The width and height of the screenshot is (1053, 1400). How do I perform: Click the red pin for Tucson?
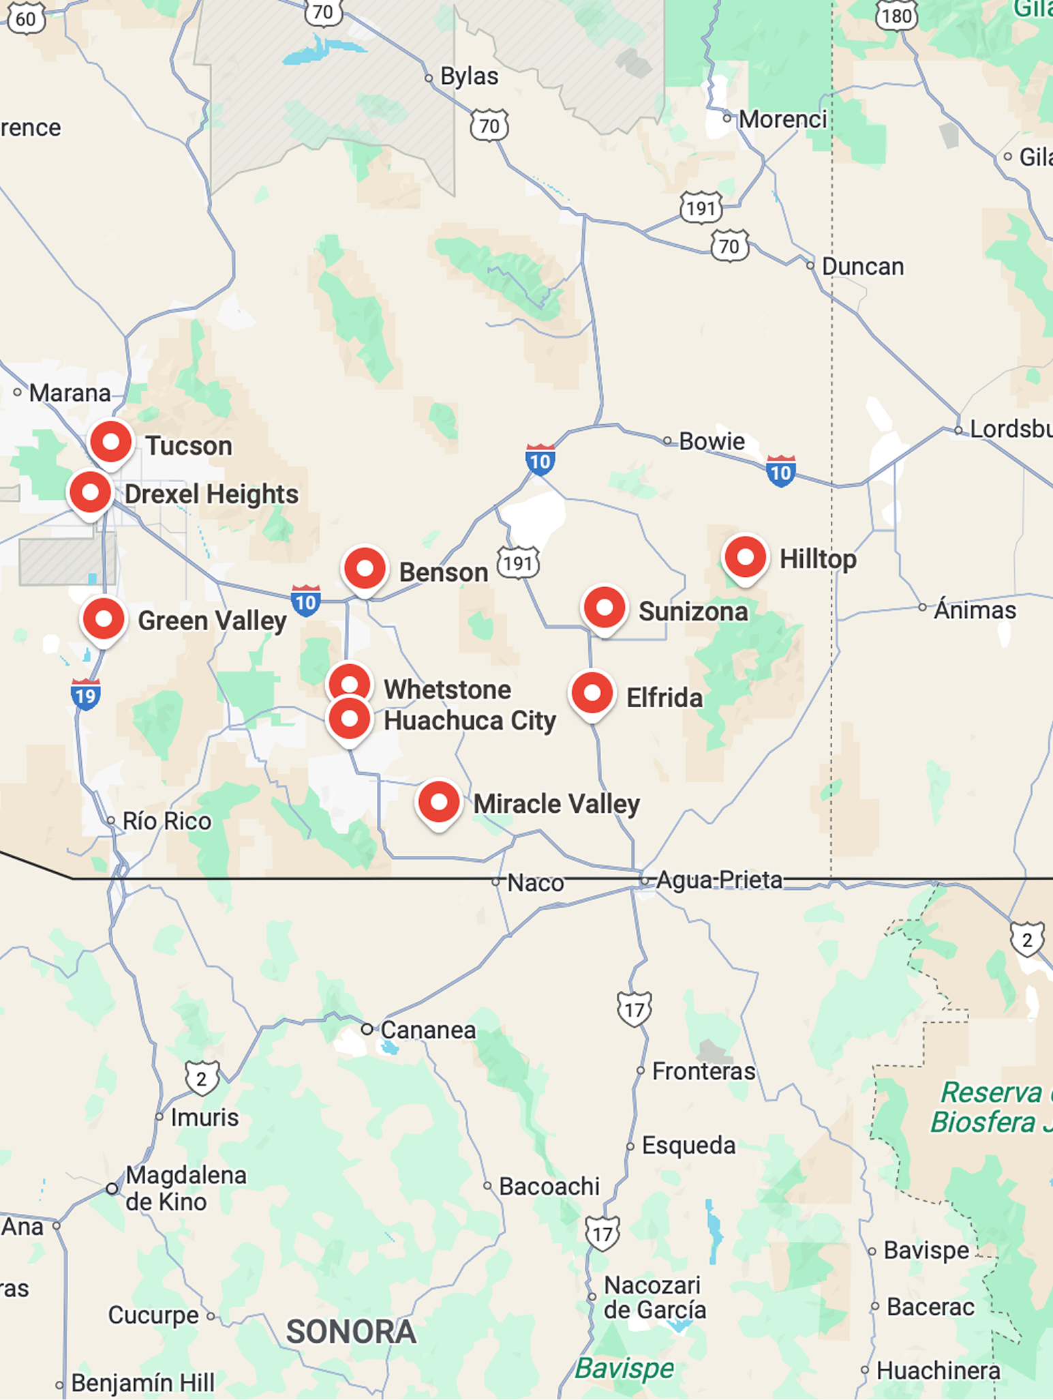(111, 443)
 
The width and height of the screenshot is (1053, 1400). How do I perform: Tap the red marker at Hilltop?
(745, 558)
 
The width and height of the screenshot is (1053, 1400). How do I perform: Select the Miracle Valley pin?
(439, 803)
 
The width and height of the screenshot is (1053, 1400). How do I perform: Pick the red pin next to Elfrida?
(592, 694)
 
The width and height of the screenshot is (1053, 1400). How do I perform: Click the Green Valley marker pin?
(104, 619)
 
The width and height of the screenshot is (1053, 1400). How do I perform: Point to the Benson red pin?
(365, 569)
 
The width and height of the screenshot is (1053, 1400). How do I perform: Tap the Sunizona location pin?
(605, 608)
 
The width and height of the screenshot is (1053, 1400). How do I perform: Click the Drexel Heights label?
(211, 494)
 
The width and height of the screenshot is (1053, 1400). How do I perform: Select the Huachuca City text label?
(470, 721)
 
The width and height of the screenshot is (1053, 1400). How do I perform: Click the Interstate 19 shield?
(86, 695)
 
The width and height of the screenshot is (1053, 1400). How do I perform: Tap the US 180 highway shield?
(897, 15)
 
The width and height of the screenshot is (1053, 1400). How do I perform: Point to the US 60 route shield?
(26, 18)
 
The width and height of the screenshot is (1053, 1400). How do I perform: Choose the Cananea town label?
(428, 1030)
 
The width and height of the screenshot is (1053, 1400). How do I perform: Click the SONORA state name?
(351, 1332)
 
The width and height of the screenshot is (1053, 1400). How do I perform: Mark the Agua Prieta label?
(719, 880)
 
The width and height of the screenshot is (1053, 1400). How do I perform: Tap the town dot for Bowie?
(667, 441)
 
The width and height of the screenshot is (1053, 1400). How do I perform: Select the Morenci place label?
(783, 119)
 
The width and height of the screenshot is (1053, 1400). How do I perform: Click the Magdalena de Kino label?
(185, 1189)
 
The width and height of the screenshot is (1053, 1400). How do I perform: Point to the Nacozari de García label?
(654, 1297)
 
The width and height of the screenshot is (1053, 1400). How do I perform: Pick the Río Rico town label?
(167, 821)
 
